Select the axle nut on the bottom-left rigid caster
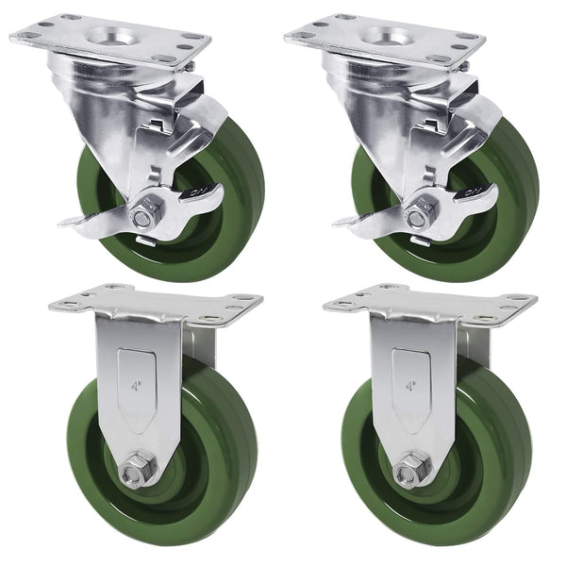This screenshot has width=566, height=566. pos(138,468)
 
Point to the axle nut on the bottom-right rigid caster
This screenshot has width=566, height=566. pos(412,468)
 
